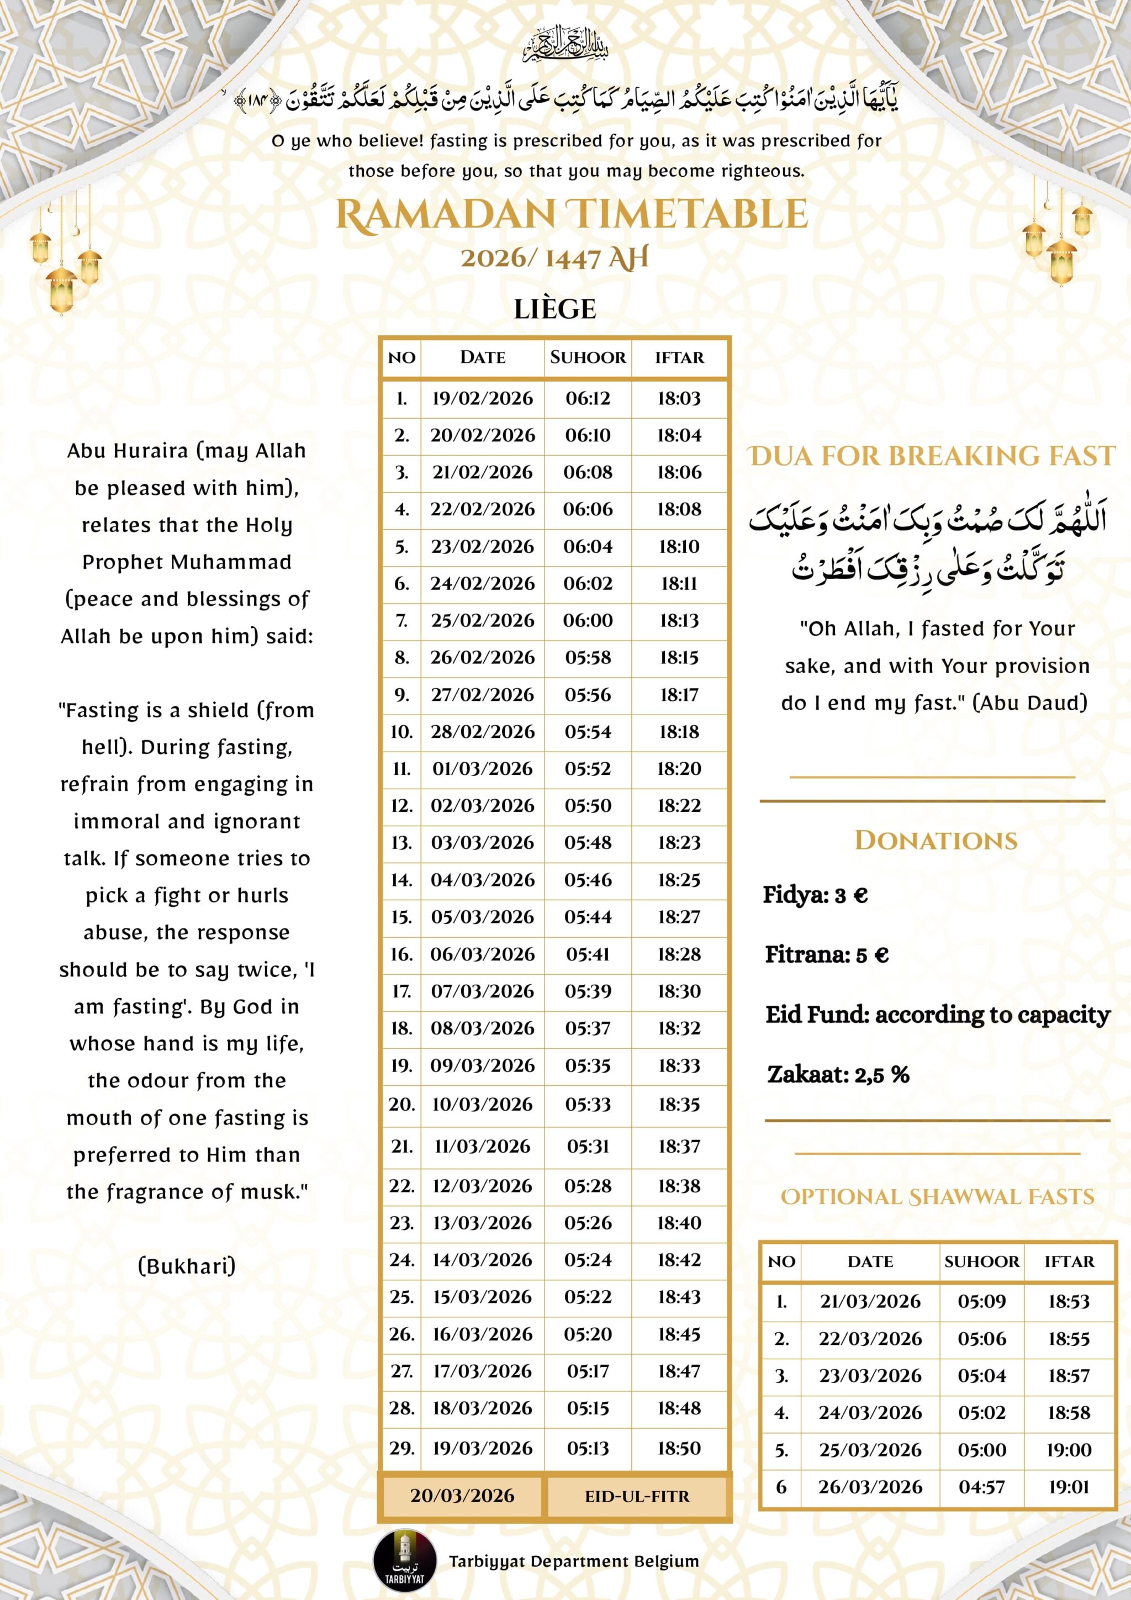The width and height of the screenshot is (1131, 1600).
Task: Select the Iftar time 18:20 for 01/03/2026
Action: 679,769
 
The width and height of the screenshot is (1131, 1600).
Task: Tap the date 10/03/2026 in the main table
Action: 482,1104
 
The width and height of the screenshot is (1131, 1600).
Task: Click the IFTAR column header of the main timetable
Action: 679,357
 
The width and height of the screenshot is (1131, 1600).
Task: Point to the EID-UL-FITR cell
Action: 637,1496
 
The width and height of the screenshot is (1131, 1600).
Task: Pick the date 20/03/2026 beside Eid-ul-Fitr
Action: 462,1496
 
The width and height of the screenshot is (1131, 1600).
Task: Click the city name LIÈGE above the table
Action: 554,309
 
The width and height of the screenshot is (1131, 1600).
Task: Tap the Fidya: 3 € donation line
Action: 815,895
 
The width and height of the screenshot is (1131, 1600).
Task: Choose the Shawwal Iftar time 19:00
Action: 1068,1450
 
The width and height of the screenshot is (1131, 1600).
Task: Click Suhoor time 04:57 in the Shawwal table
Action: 981,1487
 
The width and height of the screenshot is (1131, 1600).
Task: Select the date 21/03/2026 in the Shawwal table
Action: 870,1301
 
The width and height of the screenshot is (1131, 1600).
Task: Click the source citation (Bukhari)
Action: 187,1265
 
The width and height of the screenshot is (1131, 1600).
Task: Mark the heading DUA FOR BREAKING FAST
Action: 932,456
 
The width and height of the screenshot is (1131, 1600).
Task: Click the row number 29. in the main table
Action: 401,1448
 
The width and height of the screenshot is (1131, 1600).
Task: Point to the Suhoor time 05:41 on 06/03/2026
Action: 588,954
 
